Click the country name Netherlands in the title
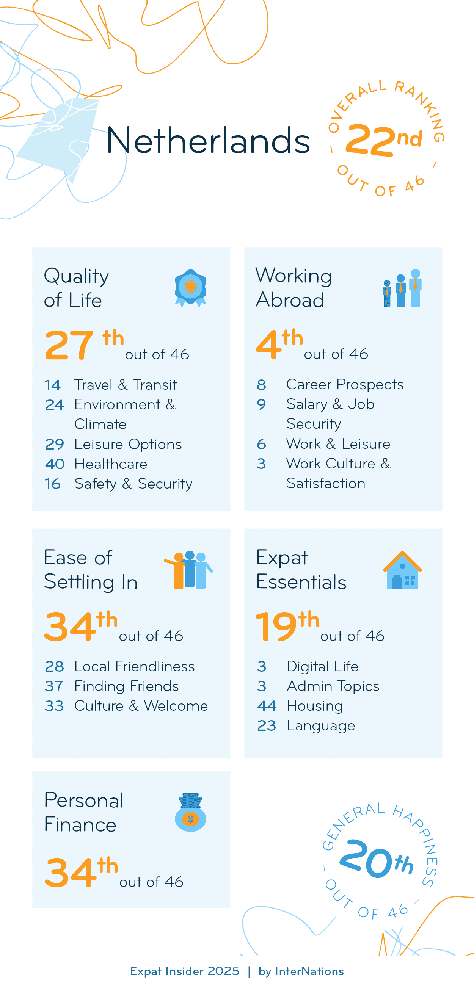[x=208, y=141]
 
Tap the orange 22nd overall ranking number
[x=370, y=141]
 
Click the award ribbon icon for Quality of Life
[x=190, y=288]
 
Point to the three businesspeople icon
[x=402, y=288]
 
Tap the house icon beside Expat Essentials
[x=402, y=570]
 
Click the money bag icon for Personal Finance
[x=190, y=812]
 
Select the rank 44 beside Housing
[x=267, y=706]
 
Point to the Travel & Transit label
[x=126, y=385]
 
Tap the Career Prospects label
[x=345, y=384]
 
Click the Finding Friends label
[x=126, y=686]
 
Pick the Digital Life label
[x=322, y=666]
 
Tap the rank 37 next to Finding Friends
[x=54, y=686]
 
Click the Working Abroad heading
[x=294, y=288]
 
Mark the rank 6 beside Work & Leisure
[x=261, y=444]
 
